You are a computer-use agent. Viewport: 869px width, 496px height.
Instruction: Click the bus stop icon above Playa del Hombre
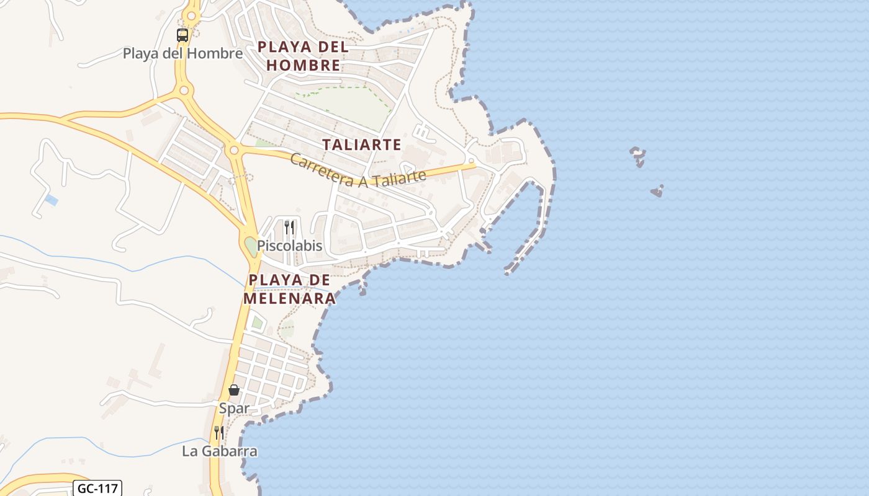[182, 35]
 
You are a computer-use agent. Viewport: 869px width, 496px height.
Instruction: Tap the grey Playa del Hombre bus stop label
[182, 53]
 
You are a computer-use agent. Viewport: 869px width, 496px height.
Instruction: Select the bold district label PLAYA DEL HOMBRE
[303, 56]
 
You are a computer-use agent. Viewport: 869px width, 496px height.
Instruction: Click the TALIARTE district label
[361, 145]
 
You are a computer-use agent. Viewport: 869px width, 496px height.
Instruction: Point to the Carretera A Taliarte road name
[358, 171]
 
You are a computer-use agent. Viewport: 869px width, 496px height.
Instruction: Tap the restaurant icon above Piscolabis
[289, 228]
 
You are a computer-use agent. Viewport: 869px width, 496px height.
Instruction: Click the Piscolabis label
[290, 246]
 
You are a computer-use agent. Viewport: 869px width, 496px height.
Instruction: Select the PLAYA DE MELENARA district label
[289, 289]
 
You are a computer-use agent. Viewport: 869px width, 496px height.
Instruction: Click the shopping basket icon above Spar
[234, 390]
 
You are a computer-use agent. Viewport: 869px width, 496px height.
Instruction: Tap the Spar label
[234, 408]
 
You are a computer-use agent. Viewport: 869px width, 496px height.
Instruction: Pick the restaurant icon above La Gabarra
[219, 433]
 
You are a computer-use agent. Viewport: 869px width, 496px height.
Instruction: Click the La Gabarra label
[220, 451]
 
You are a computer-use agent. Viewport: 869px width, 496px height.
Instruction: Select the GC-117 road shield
[97, 489]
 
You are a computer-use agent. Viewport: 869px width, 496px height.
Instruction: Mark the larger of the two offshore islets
[637, 156]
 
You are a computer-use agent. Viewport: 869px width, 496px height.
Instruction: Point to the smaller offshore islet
[657, 192]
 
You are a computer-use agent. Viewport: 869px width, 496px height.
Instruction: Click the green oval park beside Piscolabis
[251, 246]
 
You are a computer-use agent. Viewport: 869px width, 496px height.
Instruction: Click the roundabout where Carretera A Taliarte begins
[234, 149]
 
